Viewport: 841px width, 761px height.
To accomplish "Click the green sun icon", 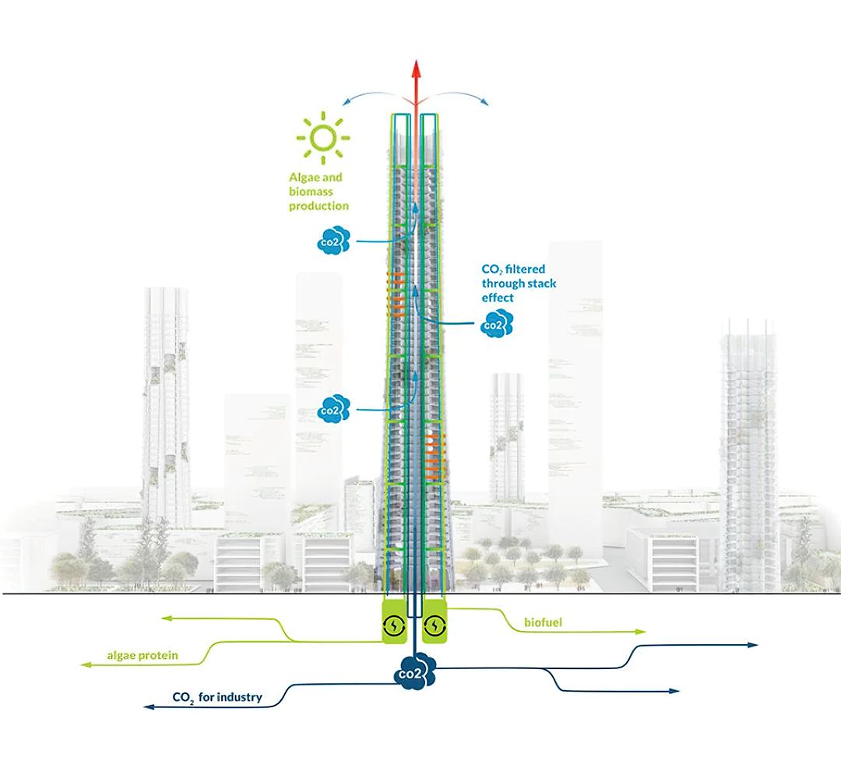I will [323, 138].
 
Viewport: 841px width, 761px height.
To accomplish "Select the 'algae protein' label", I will [143, 656].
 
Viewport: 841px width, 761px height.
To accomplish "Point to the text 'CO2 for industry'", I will [216, 697].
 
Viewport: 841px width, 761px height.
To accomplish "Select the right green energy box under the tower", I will [435, 624].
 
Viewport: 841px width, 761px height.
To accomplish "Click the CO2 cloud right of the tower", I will [496, 323].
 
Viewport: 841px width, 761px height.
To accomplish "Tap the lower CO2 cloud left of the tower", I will [333, 409].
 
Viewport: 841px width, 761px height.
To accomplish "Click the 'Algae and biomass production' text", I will [318, 192].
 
